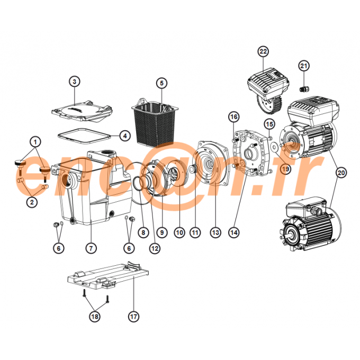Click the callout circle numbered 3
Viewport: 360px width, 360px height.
(x=75, y=82)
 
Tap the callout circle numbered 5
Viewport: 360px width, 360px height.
(x=161, y=83)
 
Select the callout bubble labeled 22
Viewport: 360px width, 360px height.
(x=263, y=51)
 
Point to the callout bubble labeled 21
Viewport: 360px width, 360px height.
(x=303, y=66)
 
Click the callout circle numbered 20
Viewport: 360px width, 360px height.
(x=341, y=172)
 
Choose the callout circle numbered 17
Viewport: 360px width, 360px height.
(x=133, y=317)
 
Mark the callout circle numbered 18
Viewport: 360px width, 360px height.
(x=94, y=317)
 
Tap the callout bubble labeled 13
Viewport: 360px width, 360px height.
(x=215, y=232)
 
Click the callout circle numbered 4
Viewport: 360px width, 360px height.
(x=124, y=136)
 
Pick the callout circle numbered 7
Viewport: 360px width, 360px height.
(x=91, y=247)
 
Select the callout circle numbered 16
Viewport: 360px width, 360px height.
(x=233, y=116)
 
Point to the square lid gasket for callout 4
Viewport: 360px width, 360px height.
(x=84, y=135)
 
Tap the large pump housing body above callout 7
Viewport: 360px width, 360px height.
(x=90, y=191)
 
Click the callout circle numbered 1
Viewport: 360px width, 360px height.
(x=34, y=142)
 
